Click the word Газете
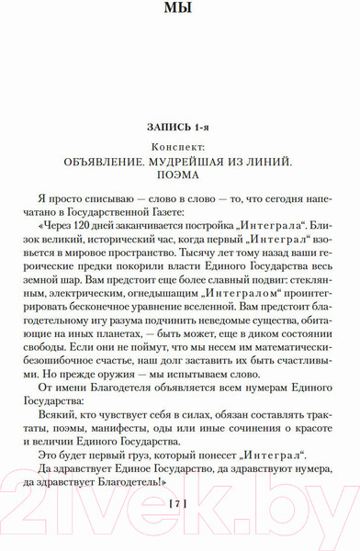click(166, 210)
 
